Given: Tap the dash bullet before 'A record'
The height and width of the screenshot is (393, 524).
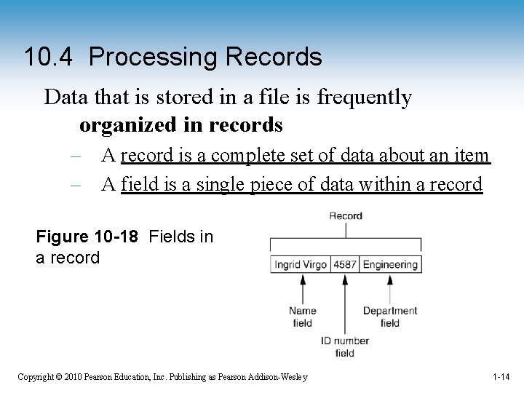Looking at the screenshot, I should [76, 155].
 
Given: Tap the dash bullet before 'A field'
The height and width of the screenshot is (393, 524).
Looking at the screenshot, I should [76, 185].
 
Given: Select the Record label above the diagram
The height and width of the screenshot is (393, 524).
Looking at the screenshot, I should [346, 215].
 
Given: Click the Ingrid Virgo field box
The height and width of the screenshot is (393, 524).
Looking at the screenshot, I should [301, 264].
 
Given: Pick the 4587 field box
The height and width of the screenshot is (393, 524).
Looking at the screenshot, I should [345, 264].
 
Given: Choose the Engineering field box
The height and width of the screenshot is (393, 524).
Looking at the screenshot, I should [390, 264].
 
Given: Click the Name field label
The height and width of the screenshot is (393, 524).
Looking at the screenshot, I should [302, 317].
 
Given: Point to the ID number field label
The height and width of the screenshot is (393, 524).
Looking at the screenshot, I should [345, 346].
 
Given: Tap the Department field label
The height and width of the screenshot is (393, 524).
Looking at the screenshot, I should [390, 317].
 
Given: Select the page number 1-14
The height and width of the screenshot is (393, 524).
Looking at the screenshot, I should [501, 377].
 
